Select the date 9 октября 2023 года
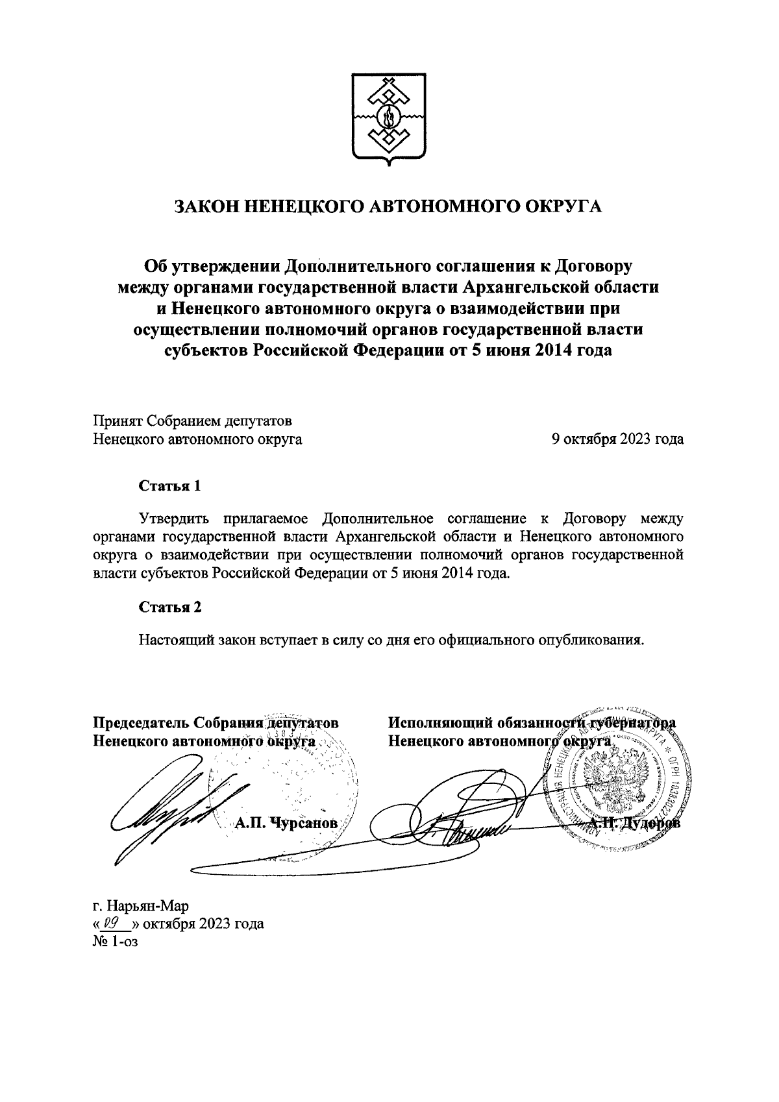click(x=617, y=439)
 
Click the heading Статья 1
click(x=170, y=485)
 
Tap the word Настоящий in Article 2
click(x=173, y=640)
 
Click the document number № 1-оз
click(x=116, y=940)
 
